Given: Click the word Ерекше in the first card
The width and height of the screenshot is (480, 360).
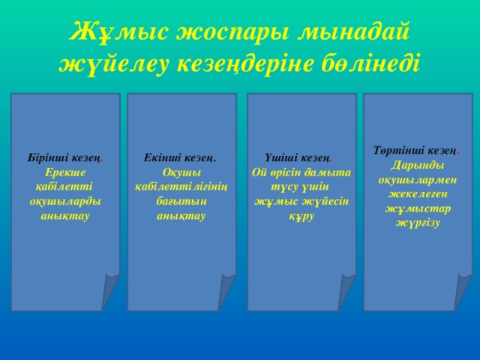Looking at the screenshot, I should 64,172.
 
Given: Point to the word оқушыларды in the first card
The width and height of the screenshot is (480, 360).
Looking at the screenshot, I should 65,202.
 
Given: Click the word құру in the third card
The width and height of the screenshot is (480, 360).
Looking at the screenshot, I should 301,216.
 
